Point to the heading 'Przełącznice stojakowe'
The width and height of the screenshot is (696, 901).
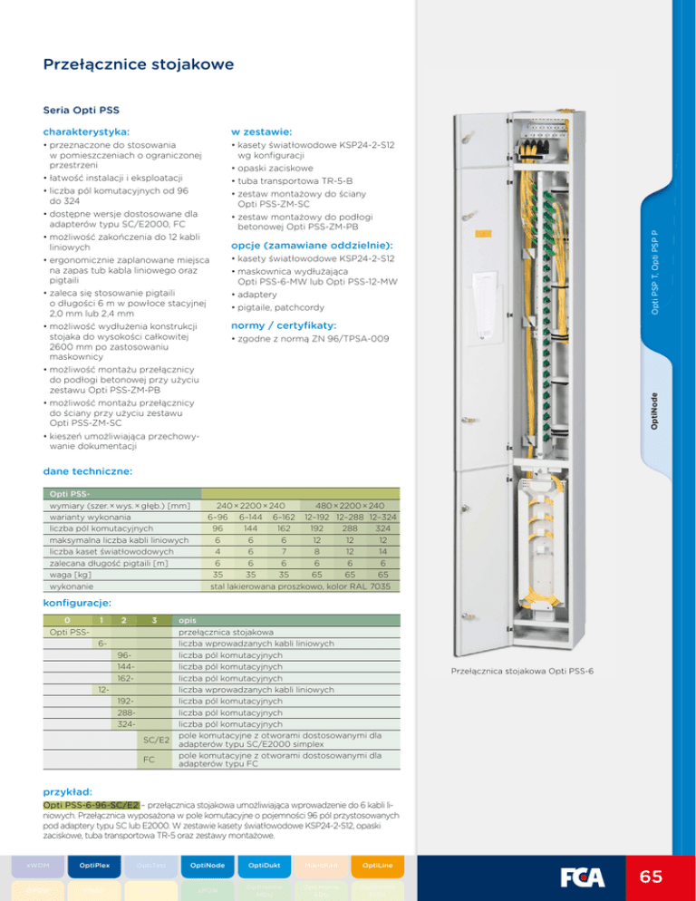click(139, 64)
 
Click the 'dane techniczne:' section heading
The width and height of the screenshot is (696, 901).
click(89, 471)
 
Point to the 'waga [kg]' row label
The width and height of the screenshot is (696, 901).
click(70, 575)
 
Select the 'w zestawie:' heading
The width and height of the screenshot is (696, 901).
click(260, 131)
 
